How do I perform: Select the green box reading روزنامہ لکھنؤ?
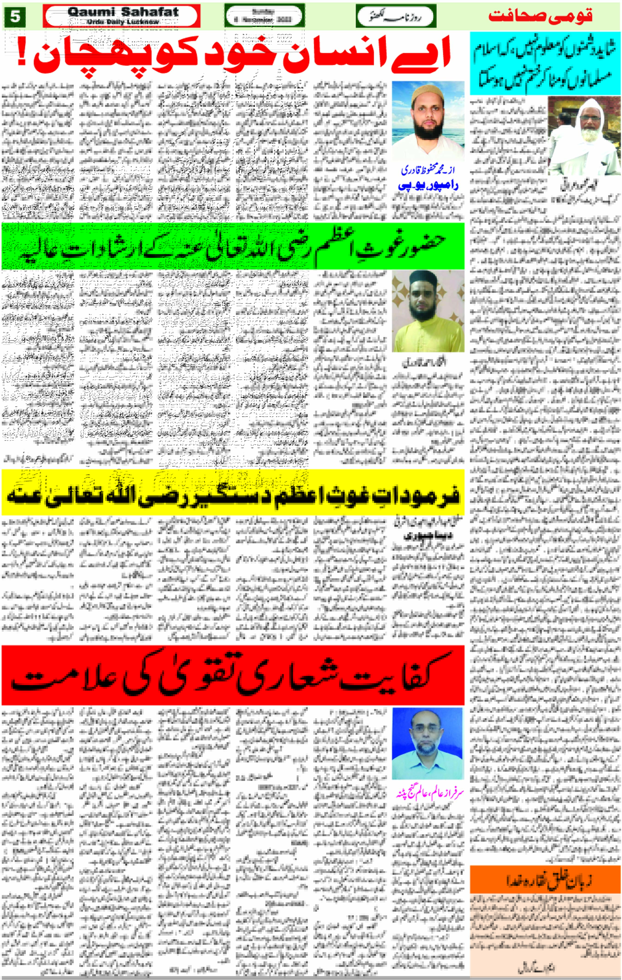[396, 16]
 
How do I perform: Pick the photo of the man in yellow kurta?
[428, 311]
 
